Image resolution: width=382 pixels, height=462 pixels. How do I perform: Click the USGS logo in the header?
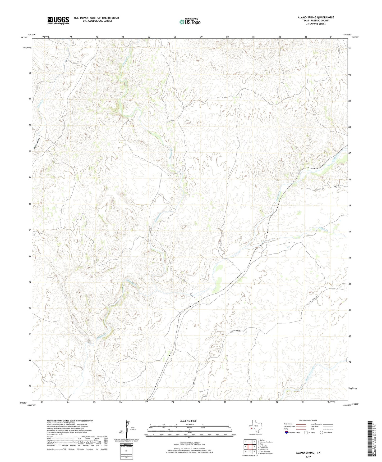pos(58,20)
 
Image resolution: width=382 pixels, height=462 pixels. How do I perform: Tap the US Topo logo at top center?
pos(190,22)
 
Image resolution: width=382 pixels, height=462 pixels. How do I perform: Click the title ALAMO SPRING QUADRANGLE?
pos(316,17)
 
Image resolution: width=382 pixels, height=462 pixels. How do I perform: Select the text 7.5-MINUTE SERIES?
pos(316,24)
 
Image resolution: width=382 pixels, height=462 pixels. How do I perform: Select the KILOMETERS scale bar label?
pos(190,424)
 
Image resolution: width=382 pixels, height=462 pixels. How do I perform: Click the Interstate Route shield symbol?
pos(287,433)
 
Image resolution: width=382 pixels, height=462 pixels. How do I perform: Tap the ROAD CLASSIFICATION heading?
pos(308,420)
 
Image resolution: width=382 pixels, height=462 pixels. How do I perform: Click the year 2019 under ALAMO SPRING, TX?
pos(308,457)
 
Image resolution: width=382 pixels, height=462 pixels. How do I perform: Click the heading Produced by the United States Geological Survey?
pos(70,421)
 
